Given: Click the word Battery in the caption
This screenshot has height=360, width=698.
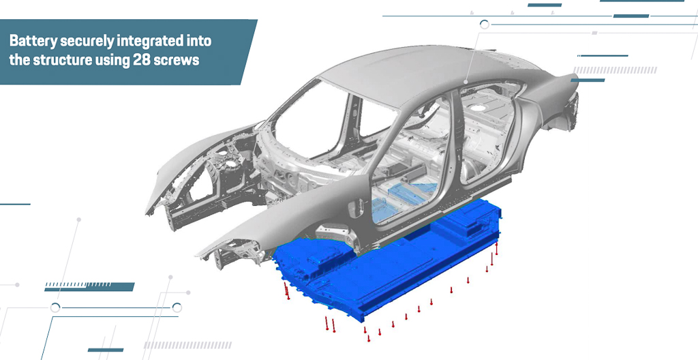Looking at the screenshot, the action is (x=33, y=41).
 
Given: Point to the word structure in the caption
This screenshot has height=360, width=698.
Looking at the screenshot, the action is (x=62, y=60).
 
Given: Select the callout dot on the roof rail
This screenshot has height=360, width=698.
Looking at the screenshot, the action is (x=466, y=82).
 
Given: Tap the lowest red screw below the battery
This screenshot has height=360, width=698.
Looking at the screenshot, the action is (x=369, y=338).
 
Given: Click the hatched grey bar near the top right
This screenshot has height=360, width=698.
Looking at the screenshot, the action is (x=616, y=70).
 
